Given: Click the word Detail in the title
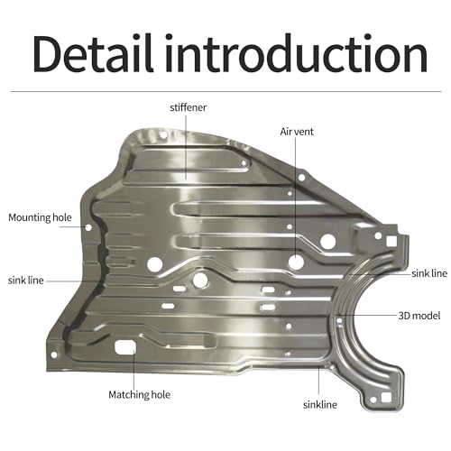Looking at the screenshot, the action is [x=93, y=53].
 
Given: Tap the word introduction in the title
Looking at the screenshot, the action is [x=297, y=53].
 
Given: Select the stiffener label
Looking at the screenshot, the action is [x=189, y=107].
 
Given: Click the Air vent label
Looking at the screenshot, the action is [x=297, y=132].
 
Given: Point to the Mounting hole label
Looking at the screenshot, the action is [x=40, y=217].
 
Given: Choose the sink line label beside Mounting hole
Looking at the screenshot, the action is [x=26, y=281].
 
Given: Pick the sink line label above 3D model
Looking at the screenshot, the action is [x=429, y=273].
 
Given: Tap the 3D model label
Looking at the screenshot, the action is [x=419, y=316].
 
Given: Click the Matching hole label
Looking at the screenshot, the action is [x=139, y=395].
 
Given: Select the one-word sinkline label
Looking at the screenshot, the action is [x=320, y=405].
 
